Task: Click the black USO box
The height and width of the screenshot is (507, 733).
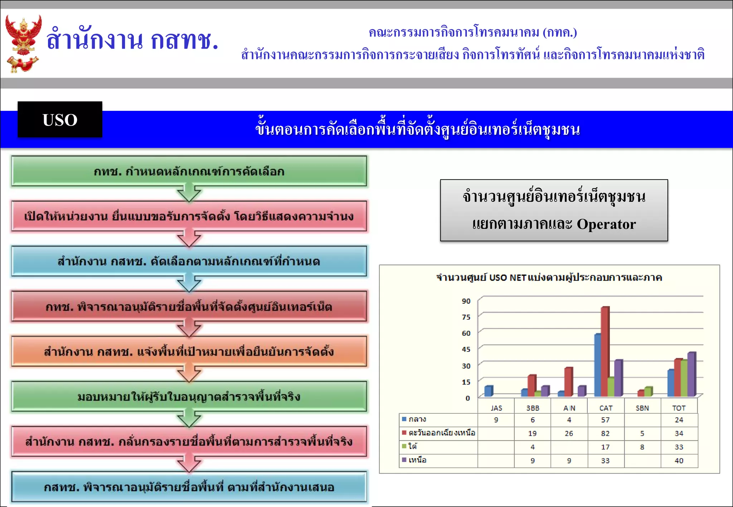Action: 60,119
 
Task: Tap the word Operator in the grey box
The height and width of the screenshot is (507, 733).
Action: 606,224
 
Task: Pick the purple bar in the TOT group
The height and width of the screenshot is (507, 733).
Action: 691,374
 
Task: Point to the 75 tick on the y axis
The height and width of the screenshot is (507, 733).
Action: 466,317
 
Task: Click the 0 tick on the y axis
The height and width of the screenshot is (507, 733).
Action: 467,398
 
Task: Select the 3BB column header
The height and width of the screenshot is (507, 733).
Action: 533,408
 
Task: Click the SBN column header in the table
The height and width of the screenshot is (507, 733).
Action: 642,408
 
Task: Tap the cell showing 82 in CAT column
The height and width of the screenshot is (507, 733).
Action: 605,433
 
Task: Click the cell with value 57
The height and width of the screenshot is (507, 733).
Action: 605,420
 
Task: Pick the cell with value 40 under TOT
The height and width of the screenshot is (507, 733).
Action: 679,461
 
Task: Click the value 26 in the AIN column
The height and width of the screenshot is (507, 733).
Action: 569,433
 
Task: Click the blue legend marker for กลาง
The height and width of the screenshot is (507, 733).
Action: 404,419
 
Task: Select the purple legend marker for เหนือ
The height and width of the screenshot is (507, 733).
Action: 404,460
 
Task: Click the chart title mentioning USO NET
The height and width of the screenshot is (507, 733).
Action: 549,277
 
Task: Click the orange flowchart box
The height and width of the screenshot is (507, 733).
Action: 189,351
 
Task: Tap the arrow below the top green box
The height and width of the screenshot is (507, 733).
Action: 189,193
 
